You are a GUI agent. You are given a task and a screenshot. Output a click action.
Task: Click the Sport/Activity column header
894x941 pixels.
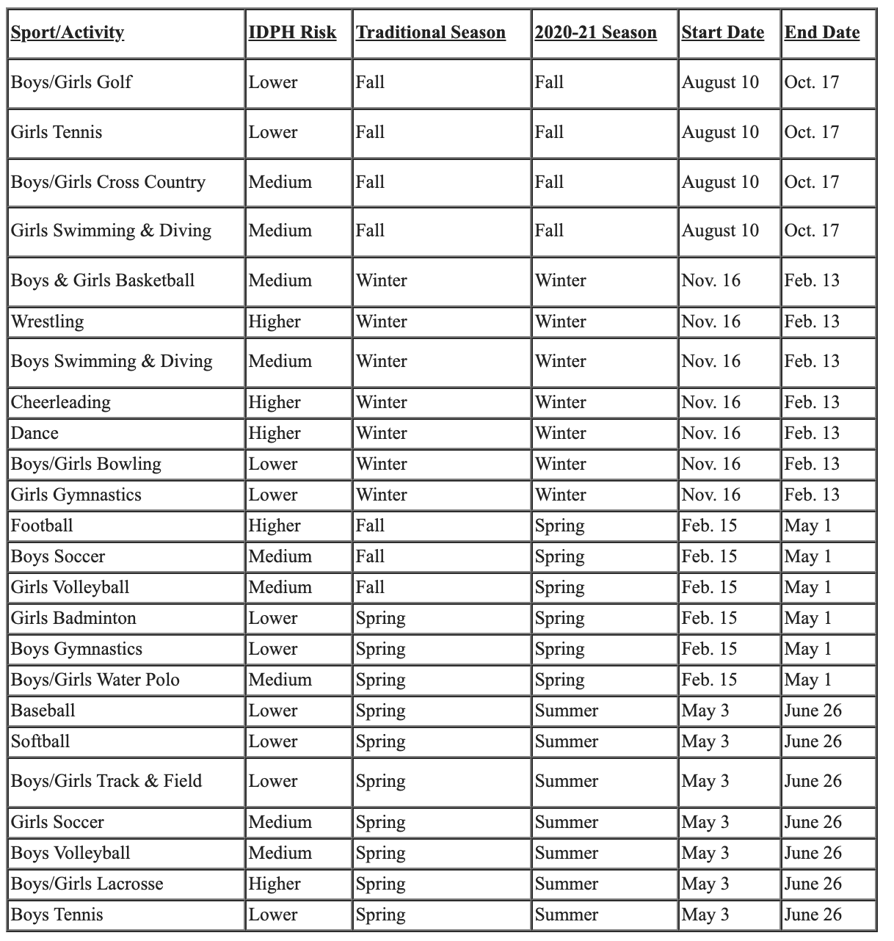(68, 33)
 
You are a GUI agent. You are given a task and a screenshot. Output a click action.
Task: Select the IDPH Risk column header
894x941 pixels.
(292, 33)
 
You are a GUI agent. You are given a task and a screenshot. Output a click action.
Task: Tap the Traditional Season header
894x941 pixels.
(431, 33)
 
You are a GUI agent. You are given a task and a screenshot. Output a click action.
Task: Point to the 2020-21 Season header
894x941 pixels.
(595, 33)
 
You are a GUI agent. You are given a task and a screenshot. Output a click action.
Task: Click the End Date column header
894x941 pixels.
(822, 33)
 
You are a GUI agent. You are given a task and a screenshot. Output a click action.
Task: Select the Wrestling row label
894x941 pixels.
(48, 321)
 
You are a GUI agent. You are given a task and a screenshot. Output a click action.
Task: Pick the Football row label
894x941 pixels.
(42, 526)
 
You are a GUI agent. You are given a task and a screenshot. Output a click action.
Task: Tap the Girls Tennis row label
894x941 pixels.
(57, 132)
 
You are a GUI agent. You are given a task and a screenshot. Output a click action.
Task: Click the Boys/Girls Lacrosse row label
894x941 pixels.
(87, 884)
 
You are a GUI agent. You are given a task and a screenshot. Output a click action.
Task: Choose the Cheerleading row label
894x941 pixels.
(61, 402)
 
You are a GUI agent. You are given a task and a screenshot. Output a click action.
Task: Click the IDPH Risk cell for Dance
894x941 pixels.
(275, 433)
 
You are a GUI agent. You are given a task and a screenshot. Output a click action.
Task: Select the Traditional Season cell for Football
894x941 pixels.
(370, 526)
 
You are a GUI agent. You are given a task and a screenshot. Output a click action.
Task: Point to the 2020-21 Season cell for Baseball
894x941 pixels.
(566, 711)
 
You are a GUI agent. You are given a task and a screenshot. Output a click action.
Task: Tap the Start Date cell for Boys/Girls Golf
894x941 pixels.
(720, 82)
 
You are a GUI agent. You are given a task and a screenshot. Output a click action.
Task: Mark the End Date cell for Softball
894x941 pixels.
(813, 741)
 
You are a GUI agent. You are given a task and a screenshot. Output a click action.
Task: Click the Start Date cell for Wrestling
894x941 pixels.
(711, 321)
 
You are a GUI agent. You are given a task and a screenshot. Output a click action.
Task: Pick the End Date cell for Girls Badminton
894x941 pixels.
(808, 618)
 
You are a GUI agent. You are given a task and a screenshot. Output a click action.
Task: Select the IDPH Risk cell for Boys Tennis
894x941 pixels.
(273, 915)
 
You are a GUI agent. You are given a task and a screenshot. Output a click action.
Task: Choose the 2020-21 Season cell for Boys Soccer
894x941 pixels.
(559, 556)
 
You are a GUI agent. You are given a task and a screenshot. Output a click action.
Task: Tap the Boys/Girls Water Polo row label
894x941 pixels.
(95, 680)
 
